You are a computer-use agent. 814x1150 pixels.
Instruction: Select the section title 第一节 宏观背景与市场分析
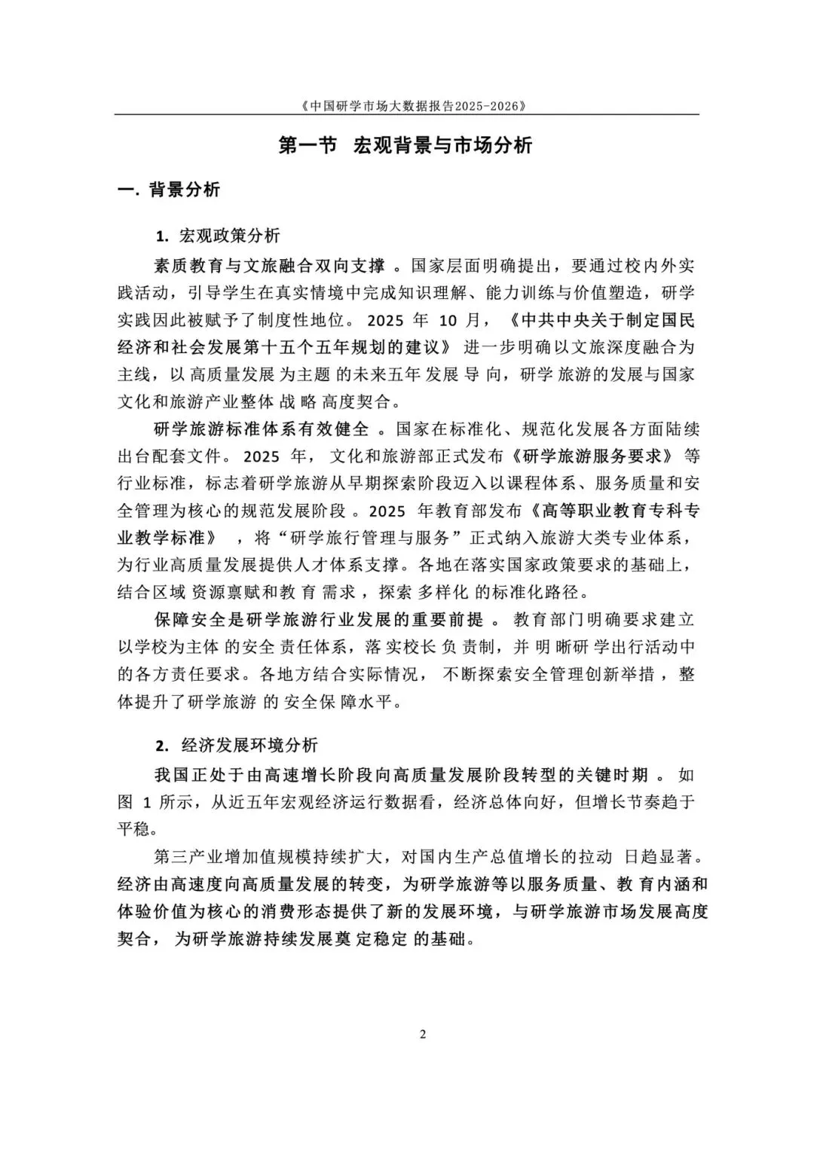click(x=406, y=145)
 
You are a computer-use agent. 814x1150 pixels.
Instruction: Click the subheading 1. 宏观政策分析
click(x=218, y=236)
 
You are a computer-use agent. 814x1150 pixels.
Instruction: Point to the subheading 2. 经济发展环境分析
click(x=237, y=746)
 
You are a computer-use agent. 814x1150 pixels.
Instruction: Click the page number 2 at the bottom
click(x=422, y=1034)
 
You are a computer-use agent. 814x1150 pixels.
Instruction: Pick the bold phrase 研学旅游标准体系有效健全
click(x=262, y=429)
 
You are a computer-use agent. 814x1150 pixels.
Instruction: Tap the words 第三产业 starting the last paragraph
click(x=182, y=858)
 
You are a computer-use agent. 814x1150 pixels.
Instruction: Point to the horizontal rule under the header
click(x=406, y=114)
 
